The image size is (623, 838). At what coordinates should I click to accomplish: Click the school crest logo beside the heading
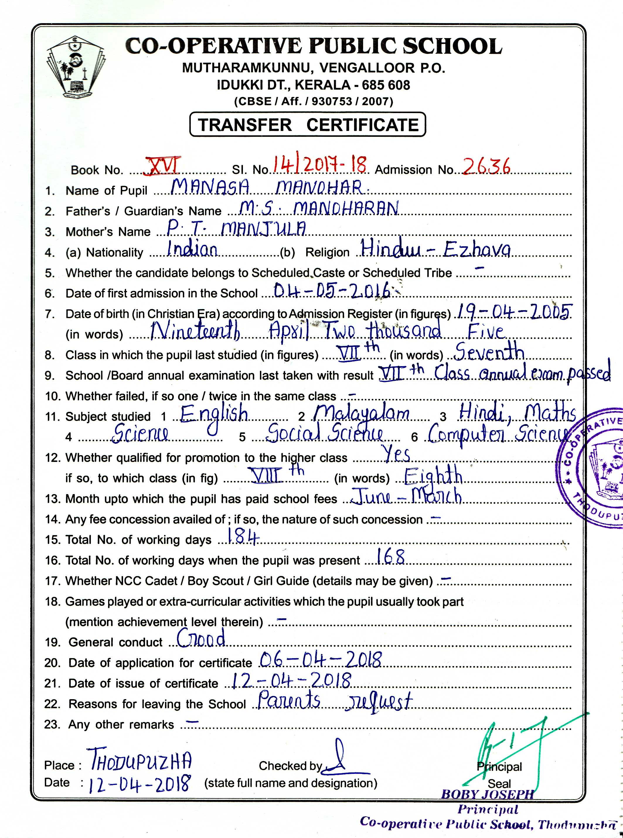tap(75, 67)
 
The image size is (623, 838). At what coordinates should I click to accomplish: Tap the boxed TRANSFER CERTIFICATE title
tap(308, 125)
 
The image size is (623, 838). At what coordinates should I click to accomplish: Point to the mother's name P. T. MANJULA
tap(236, 228)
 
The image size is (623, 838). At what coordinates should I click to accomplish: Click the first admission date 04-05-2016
tap(332, 291)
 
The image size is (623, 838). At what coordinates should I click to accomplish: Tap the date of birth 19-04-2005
tap(513, 312)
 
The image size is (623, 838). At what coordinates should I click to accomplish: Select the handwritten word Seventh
tap(489, 352)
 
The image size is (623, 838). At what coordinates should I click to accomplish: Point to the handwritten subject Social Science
tap(325, 433)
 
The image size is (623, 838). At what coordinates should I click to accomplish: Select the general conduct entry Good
tap(201, 638)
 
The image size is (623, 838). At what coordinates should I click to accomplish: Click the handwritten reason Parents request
tap(335, 701)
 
